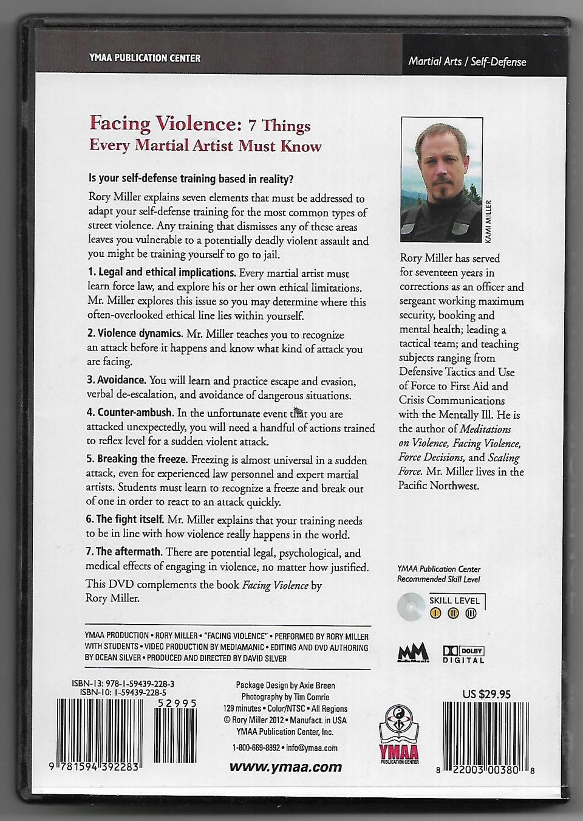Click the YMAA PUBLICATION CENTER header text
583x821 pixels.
pyautogui.click(x=144, y=58)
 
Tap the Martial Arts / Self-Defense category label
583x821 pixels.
pyautogui.click(x=467, y=61)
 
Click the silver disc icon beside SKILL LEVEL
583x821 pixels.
pyautogui.click(x=410, y=606)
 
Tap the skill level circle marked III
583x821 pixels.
pyautogui.click(x=471, y=613)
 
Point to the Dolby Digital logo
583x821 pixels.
pyautogui.click(x=463, y=654)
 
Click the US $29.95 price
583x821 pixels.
pyautogui.click(x=486, y=694)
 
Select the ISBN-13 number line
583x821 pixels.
pyautogui.click(x=123, y=683)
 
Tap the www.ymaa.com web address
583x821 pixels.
pyautogui.click(x=285, y=767)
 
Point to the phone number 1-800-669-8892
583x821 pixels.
pyautogui.click(x=256, y=748)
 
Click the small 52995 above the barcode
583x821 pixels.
pyautogui.click(x=177, y=703)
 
